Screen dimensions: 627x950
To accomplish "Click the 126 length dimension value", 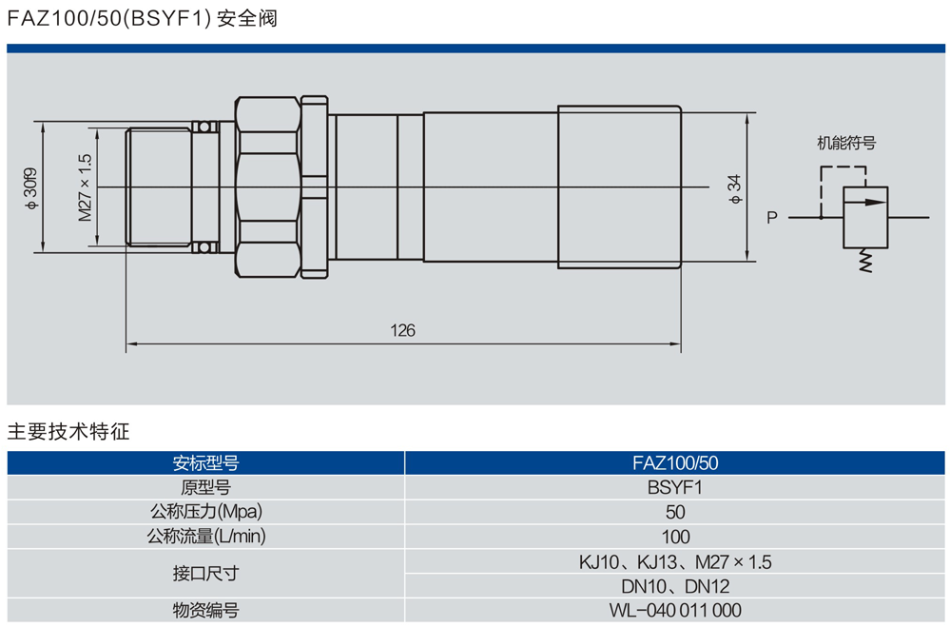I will coord(402,331).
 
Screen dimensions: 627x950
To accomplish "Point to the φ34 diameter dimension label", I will coord(733,187).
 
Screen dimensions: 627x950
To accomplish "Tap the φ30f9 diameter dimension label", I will coord(31,188).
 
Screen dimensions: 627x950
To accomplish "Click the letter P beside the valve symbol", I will coord(772,218).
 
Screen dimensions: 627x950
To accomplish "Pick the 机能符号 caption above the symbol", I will coord(845,144).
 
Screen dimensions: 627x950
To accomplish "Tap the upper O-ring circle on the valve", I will coord(202,127).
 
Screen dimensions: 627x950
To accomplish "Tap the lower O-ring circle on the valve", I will coord(202,248).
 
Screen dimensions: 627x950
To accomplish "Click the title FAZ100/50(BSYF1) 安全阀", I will coord(142,19).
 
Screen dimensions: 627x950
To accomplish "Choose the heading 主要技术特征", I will coord(68,431).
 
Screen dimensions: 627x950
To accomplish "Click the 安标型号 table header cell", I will coord(205,463).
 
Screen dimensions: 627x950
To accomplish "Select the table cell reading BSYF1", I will coord(674,488).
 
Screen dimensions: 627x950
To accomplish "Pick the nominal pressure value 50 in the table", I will coord(674,513).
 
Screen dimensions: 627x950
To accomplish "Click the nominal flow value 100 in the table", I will coord(674,537).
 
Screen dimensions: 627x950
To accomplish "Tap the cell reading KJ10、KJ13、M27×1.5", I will coord(674,561).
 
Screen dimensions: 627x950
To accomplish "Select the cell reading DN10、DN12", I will coord(674,586).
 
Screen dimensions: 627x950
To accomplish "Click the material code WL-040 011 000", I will coord(674,611).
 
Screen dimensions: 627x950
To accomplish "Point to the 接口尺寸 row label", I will coord(205,574).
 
